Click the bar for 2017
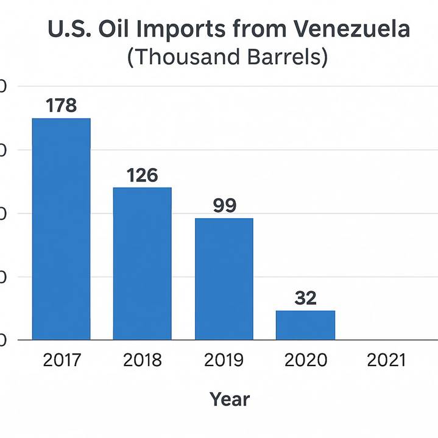click(61, 228)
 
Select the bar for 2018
click(142, 263)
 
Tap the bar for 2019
click(224, 278)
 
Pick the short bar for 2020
click(305, 325)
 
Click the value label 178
click(61, 105)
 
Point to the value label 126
click(142, 175)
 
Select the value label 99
click(224, 205)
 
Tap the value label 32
click(305, 298)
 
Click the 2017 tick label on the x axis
click(61, 360)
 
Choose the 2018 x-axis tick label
click(142, 360)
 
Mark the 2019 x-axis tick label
click(224, 360)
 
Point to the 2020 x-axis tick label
click(305, 360)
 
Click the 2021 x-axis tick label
click(386, 360)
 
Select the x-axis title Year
click(230, 399)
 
